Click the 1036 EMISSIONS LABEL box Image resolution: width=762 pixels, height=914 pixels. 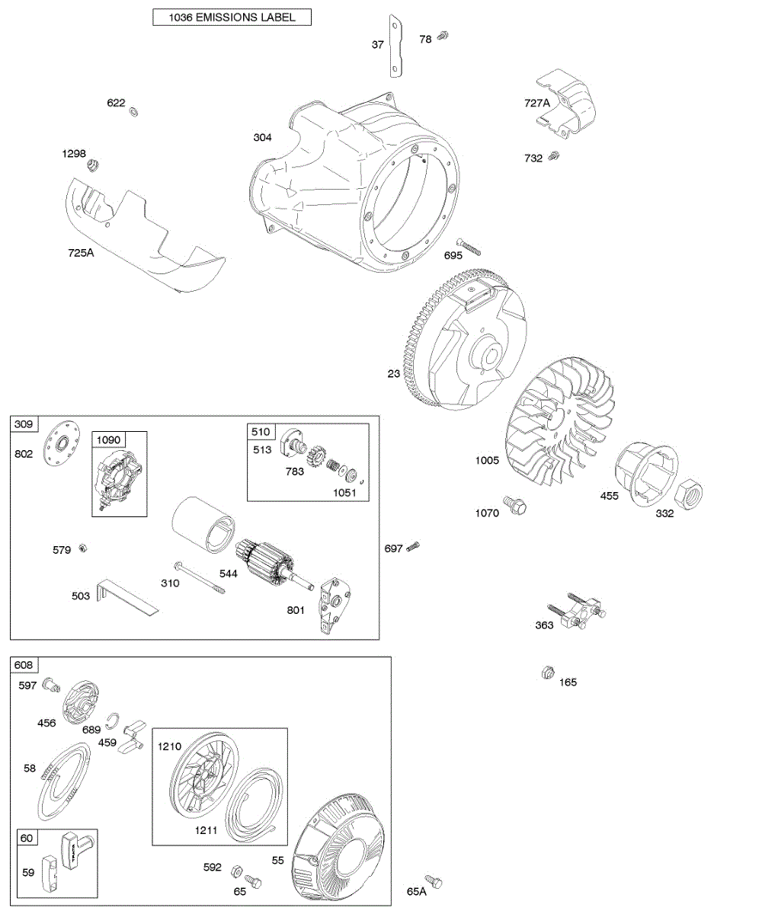(x=232, y=17)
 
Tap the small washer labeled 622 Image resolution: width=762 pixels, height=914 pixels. (x=134, y=112)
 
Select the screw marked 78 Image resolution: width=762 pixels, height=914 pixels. (x=444, y=36)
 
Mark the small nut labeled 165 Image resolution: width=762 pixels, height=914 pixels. (x=546, y=673)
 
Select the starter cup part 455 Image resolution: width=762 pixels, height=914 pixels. (x=646, y=472)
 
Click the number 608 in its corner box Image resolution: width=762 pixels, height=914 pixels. (x=24, y=665)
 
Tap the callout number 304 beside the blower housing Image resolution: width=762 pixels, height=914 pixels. (x=263, y=138)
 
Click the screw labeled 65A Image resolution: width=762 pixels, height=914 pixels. (x=434, y=881)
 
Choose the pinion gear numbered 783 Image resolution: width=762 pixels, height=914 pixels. (x=315, y=456)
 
